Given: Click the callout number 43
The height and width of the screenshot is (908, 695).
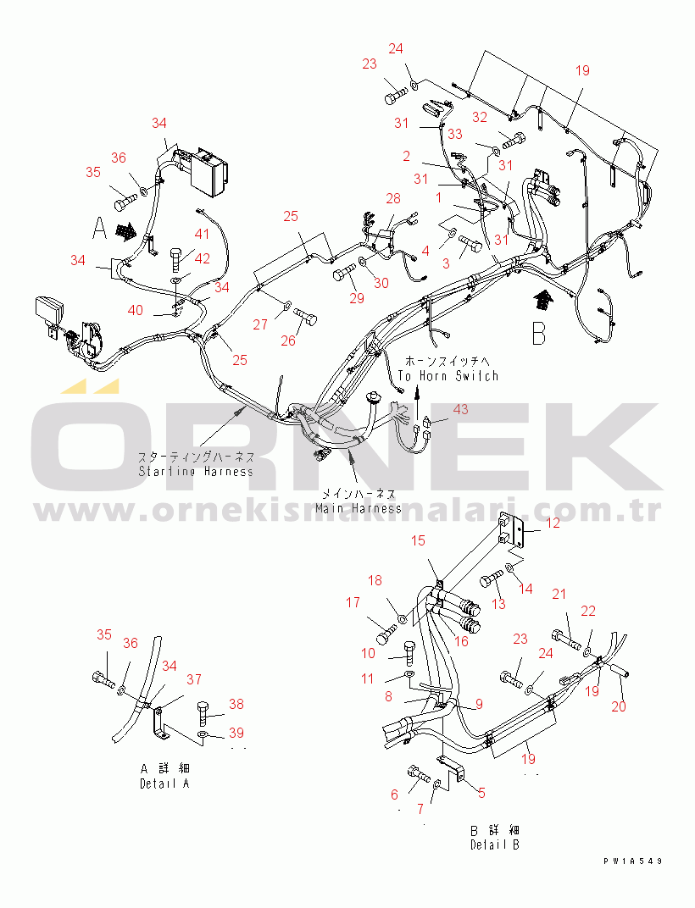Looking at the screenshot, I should tap(460, 409).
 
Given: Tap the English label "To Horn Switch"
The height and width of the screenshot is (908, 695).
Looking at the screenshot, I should tap(448, 375).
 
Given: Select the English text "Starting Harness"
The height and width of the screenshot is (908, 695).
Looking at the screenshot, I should tap(196, 471).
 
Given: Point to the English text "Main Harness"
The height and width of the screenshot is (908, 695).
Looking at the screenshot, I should tap(359, 508).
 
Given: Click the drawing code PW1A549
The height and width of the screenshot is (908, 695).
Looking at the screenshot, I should tap(632, 861).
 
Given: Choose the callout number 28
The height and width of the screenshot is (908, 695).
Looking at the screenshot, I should tap(393, 198).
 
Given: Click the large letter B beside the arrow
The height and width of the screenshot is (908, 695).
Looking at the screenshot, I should tap(538, 332).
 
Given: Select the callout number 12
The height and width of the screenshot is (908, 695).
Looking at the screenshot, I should tap(552, 523).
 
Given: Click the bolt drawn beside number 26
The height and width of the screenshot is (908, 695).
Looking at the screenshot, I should tap(307, 318).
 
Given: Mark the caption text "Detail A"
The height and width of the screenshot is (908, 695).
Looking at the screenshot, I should tap(164, 783).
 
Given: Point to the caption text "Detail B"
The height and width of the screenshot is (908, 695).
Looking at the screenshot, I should tap(495, 844).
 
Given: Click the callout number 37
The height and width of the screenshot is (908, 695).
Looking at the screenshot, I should tap(194, 679).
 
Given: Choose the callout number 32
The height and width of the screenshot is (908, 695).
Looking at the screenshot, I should tap(479, 117).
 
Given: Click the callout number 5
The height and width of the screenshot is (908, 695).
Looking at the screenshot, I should tap(481, 793).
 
